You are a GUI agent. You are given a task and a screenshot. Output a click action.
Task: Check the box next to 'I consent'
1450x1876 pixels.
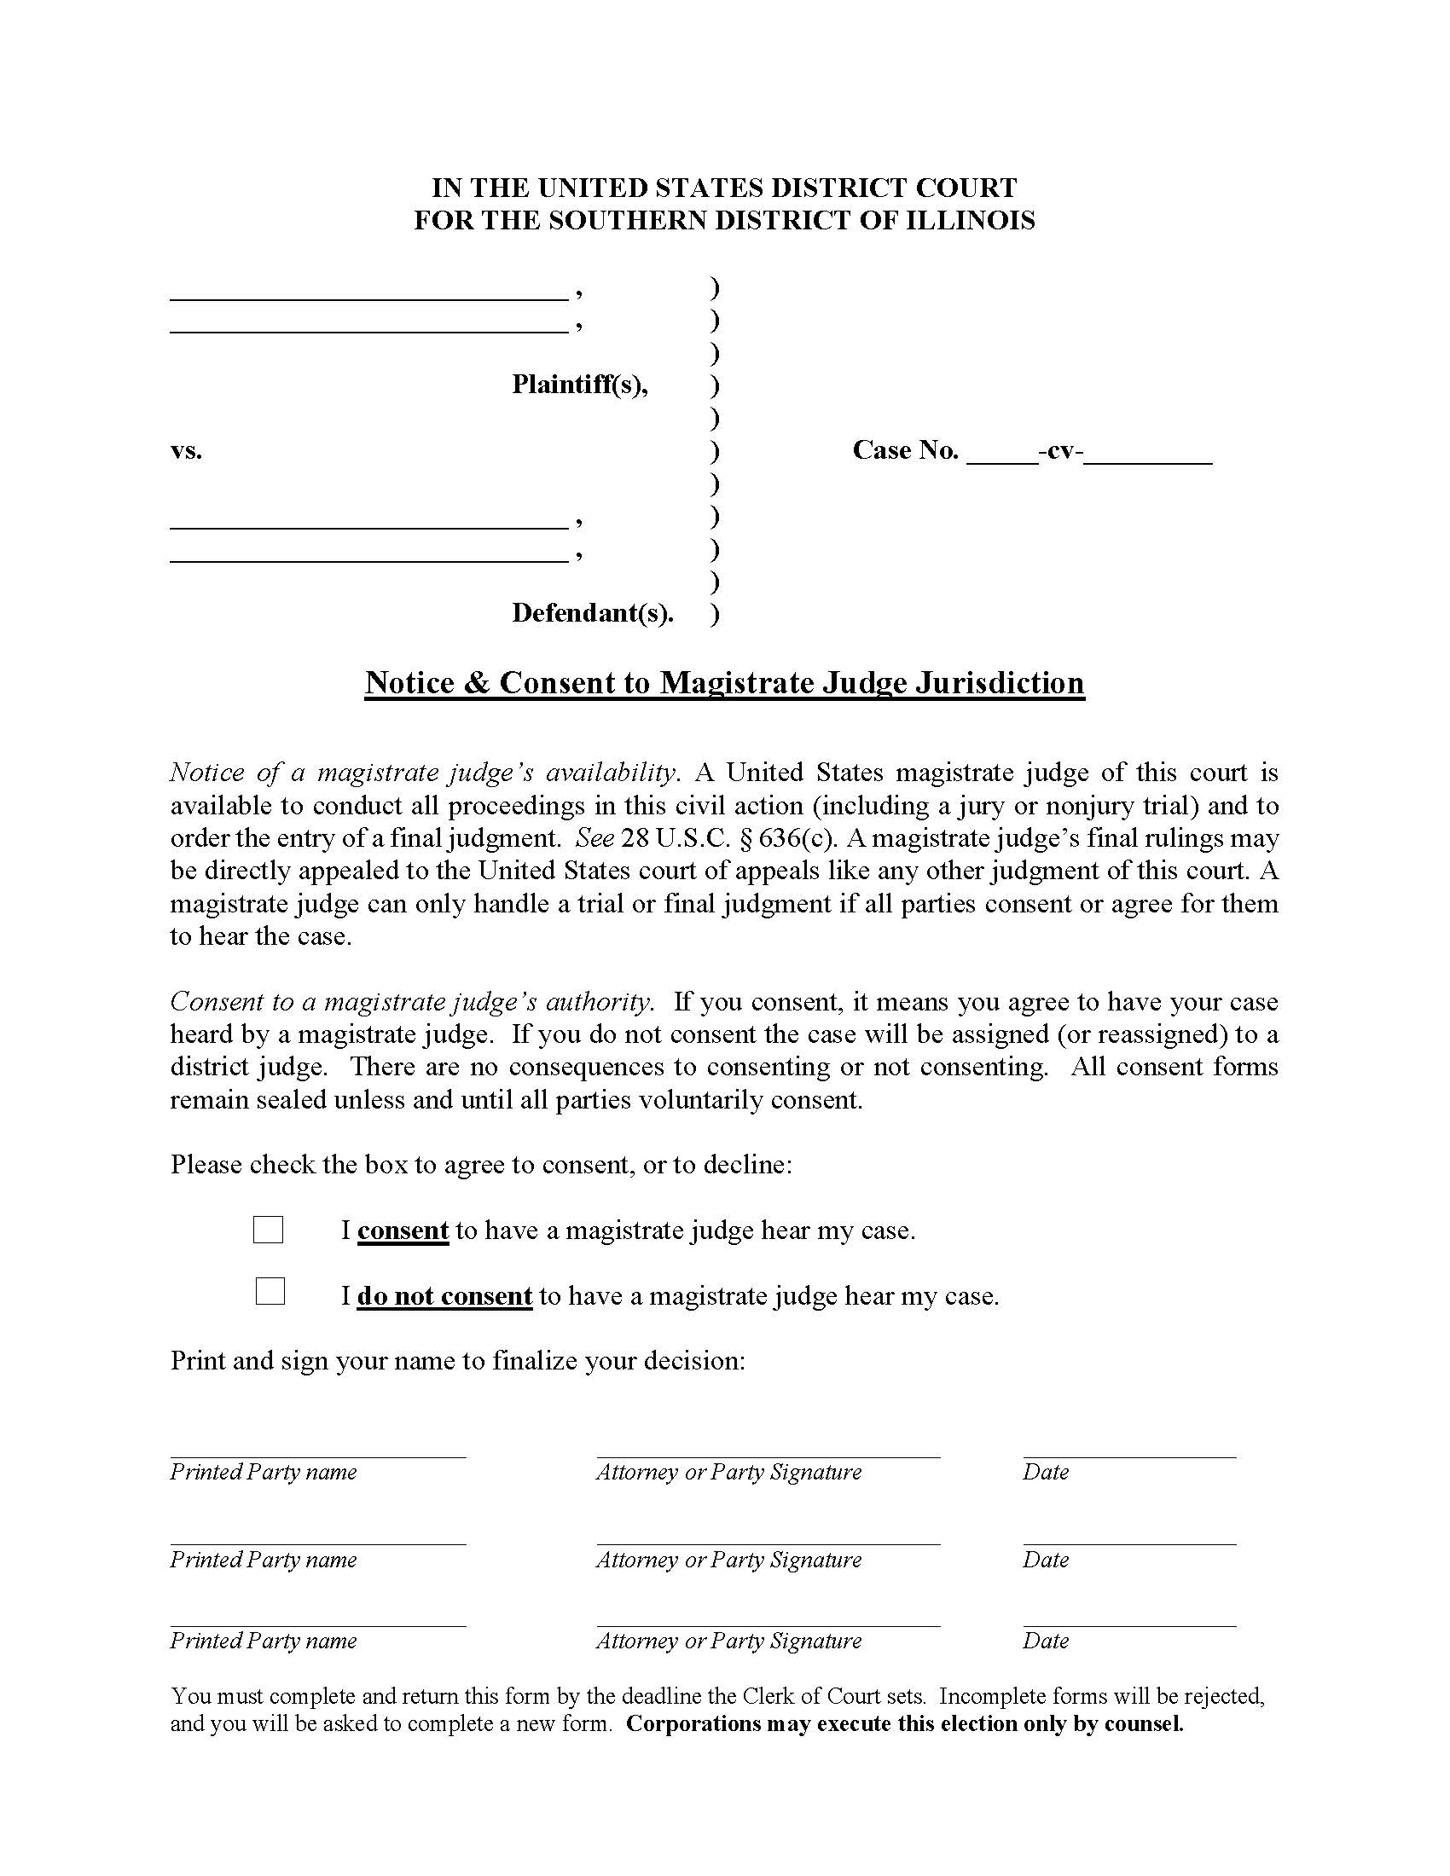pos(268,1230)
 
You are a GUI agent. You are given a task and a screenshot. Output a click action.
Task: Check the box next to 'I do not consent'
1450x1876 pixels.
pos(270,1291)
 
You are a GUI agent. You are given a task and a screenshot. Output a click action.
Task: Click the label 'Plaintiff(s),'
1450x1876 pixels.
pos(580,384)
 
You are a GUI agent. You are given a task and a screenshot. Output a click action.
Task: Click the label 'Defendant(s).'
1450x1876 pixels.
pos(593,612)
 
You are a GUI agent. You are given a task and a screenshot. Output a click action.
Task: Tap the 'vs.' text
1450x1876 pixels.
pos(187,450)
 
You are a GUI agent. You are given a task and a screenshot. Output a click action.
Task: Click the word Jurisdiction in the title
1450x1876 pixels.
pos(999,682)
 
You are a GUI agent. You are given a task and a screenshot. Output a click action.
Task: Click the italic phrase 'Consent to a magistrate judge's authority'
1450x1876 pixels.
pos(411,1002)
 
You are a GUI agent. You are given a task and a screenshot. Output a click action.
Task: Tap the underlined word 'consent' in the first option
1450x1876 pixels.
pos(403,1230)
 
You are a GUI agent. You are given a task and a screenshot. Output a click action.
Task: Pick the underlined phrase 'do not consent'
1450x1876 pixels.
pos(445,1295)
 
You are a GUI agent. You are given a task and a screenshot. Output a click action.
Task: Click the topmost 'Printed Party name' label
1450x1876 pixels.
pos(263,1472)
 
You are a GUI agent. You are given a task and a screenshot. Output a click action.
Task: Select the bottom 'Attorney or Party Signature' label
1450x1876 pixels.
pos(728,1641)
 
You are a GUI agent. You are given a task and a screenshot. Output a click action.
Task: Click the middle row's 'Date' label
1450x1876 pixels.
pos(1046,1559)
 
